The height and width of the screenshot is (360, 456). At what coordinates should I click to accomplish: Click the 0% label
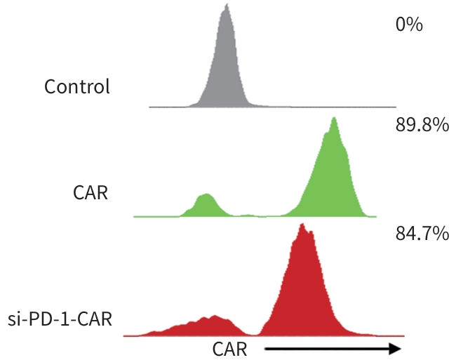click(x=408, y=25)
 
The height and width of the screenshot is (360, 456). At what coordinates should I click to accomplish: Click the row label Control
click(x=77, y=87)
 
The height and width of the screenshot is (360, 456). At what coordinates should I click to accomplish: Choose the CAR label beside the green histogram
click(x=90, y=192)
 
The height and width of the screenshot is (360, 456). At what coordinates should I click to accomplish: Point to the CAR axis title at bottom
click(x=229, y=349)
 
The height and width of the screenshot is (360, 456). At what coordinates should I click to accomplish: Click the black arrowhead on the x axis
click(x=395, y=349)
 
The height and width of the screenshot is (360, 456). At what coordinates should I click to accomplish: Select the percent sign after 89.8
click(x=441, y=127)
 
